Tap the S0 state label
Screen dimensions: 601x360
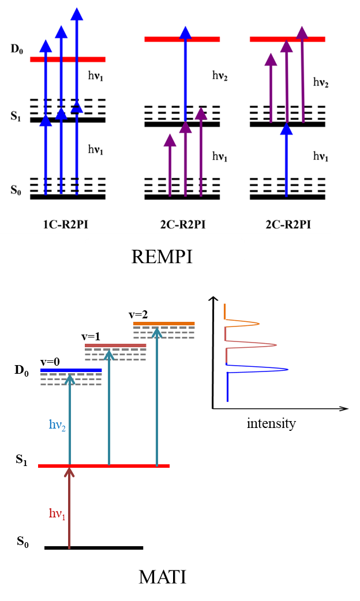click(16, 190)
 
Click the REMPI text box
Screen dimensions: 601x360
click(165, 251)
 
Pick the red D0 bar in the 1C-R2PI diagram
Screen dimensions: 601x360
click(67, 59)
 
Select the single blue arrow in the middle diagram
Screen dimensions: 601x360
click(185, 75)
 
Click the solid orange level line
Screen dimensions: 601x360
click(164, 323)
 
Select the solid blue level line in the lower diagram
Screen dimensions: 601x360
click(71, 370)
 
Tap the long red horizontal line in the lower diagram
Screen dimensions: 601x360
click(104, 465)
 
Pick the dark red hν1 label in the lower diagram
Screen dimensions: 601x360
click(57, 513)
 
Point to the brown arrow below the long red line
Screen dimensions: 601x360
click(69, 508)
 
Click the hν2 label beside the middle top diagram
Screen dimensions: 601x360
click(220, 76)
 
